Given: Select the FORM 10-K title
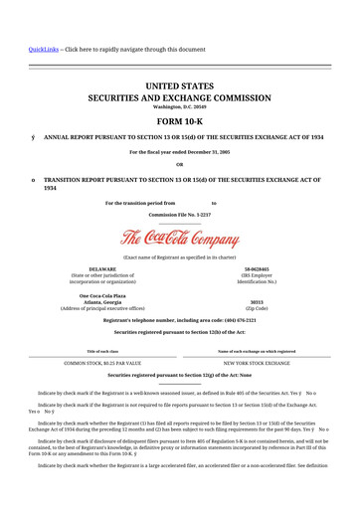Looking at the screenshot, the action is coord(179,122).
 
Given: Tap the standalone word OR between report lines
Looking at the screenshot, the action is coord(179,164).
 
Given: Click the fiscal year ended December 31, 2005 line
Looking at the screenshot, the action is coord(179,152).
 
